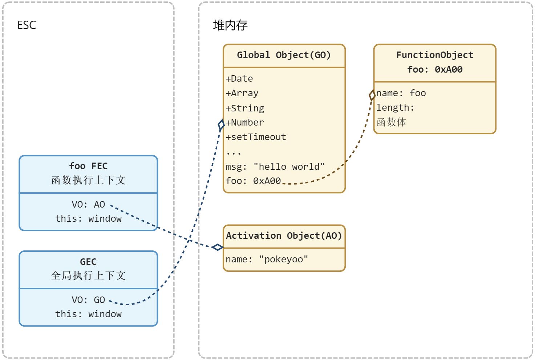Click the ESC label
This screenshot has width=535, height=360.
click(27, 25)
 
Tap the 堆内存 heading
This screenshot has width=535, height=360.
click(230, 25)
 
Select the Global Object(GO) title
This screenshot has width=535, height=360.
click(284, 55)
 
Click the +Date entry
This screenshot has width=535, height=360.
click(239, 79)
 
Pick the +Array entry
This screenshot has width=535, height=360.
click(242, 93)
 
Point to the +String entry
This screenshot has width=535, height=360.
click(245, 108)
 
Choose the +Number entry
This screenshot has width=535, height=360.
click(245, 123)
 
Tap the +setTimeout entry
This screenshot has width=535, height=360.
click(256, 137)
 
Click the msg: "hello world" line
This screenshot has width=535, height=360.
click(275, 167)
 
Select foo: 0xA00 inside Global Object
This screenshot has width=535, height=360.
click(253, 181)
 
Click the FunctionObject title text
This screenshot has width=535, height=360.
click(435, 55)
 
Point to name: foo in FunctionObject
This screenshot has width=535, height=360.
click(401, 93)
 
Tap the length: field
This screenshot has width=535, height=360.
click(395, 108)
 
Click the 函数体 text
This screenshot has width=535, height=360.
click(391, 122)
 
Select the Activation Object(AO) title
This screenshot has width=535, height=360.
click(284, 236)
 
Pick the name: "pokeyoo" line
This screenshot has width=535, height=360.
click(267, 259)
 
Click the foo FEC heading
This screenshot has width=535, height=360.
click(88, 166)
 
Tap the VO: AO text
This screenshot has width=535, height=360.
click(88, 204)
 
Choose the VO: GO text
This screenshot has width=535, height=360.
click(88, 300)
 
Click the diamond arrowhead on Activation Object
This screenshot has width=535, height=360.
click(218, 247)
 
